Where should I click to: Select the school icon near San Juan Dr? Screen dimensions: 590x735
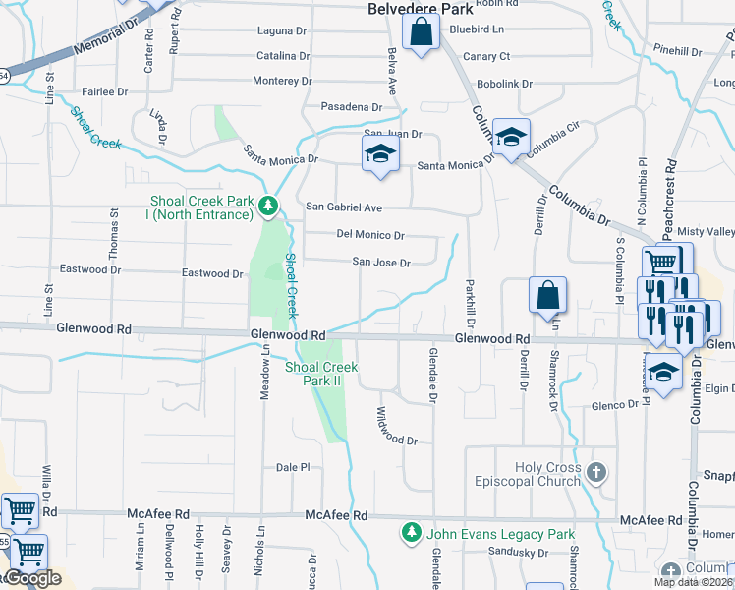tap(380, 154)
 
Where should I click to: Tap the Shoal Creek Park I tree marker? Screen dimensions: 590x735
tap(267, 206)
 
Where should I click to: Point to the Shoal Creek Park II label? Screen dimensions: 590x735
tap(321, 373)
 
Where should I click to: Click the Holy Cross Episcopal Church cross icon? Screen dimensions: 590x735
tap(595, 474)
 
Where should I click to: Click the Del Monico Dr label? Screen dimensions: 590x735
tap(370, 235)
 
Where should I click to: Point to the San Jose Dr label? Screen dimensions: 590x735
tap(381, 263)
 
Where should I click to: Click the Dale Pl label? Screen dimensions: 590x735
tap(293, 468)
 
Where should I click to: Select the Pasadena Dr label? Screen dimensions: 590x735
tap(351, 106)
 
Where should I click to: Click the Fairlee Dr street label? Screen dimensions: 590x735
tap(105, 91)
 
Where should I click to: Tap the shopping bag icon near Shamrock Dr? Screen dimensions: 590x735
tap(547, 294)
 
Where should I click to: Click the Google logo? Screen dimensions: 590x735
tap(33, 579)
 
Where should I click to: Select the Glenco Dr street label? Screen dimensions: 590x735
tap(615, 405)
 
